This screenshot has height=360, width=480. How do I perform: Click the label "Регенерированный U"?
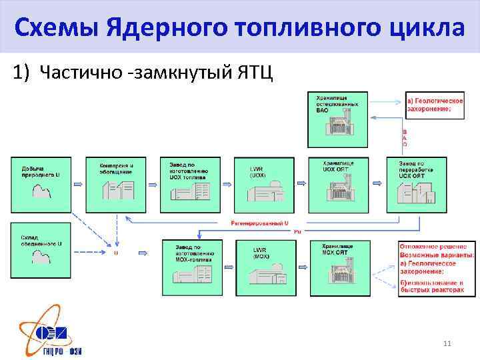pyautogui.click(x=259, y=221)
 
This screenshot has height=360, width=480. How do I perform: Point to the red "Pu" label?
pyautogui.click(x=297, y=231)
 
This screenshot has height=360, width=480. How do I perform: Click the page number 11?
pyautogui.click(x=447, y=343)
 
